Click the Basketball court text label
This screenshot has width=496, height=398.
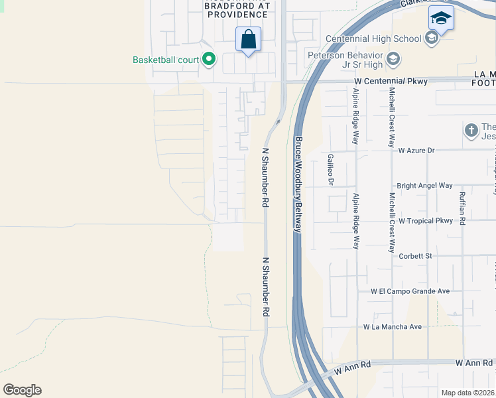pos(166,60)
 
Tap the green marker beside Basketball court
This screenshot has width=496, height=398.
pos(209,60)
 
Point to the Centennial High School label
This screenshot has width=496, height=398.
pos(374,38)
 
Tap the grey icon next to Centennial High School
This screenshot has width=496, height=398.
pos(432,38)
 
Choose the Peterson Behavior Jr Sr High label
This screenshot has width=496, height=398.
pos(345,59)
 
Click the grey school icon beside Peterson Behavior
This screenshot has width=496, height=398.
pos(393,60)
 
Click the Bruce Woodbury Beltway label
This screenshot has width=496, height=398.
pos(298,184)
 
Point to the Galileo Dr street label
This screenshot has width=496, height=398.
pos(330,170)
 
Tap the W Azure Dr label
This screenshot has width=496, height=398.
pos(416,151)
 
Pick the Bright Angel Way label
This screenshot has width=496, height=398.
pos(424,186)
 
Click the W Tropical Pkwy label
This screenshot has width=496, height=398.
pos(425,221)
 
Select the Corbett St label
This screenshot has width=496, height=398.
pos(415,255)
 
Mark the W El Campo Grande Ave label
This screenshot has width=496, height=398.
pos(410,291)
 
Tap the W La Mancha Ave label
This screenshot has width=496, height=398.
pos(393,327)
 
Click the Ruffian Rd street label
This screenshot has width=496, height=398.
pos(462,208)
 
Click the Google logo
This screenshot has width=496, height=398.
pos(22,390)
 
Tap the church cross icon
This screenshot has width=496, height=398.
pos(471,130)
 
